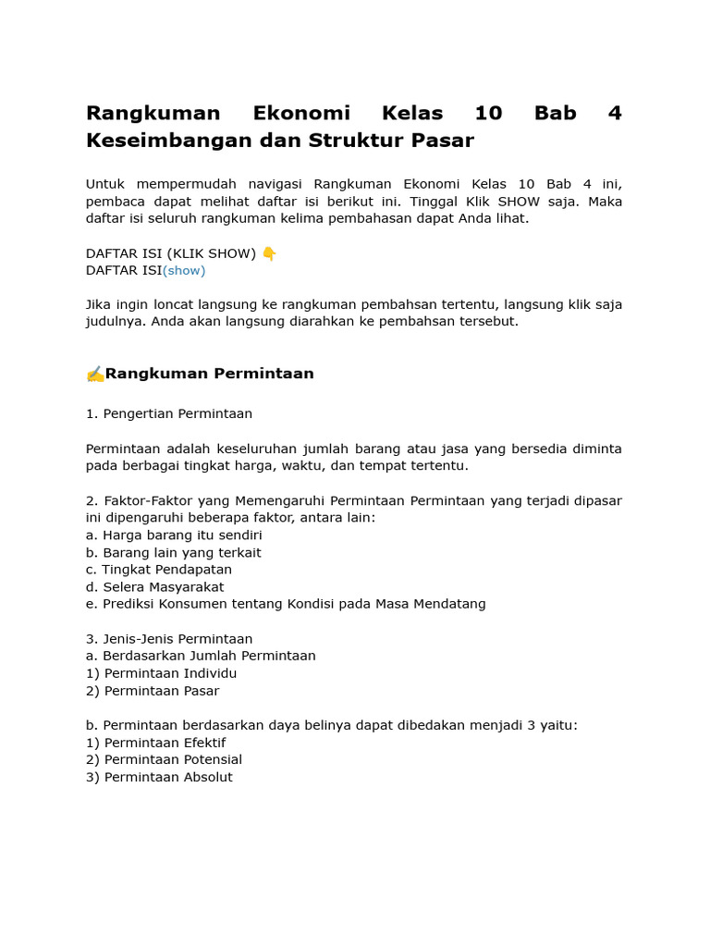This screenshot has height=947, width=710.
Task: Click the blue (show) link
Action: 184,271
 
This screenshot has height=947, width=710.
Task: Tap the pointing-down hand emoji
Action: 269,253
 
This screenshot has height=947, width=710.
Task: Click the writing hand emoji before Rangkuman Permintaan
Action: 94,375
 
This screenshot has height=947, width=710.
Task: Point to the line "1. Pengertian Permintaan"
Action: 169,414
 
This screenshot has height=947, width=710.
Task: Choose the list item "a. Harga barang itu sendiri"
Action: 174,535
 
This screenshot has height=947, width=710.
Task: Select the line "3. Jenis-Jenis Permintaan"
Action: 169,639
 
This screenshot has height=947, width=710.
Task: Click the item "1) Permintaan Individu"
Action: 162,673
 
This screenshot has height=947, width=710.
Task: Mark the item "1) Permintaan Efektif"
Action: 156,743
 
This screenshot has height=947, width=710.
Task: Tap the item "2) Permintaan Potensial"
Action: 165,760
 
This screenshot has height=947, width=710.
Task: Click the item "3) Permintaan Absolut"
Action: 160,778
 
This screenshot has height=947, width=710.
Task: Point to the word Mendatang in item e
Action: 452,604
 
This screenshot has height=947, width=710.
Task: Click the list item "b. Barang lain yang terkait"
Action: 174,553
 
